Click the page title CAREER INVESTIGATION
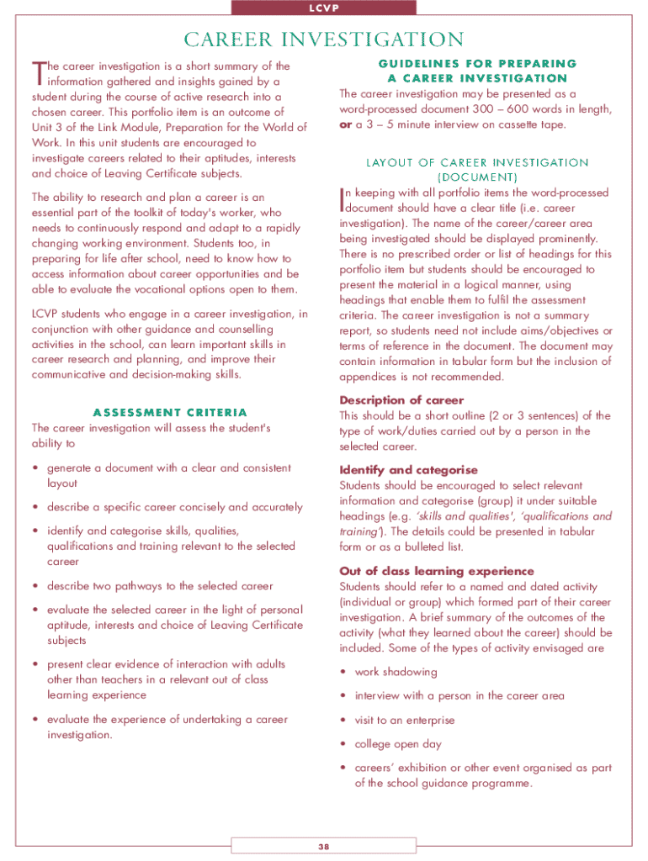click(x=324, y=40)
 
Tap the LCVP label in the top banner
click(x=324, y=8)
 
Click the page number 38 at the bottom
click(x=323, y=846)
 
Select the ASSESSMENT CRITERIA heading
click(x=170, y=412)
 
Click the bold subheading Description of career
click(x=401, y=400)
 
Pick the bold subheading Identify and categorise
click(x=408, y=470)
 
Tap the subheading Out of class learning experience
click(x=436, y=571)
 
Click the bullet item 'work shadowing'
click(x=396, y=672)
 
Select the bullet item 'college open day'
click(x=398, y=744)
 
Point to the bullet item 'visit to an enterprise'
click(x=404, y=720)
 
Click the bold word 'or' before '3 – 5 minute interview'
click(x=345, y=124)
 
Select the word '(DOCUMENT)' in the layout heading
click(x=476, y=177)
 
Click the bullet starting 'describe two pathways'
click(x=160, y=585)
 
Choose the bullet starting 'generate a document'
click(x=168, y=467)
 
